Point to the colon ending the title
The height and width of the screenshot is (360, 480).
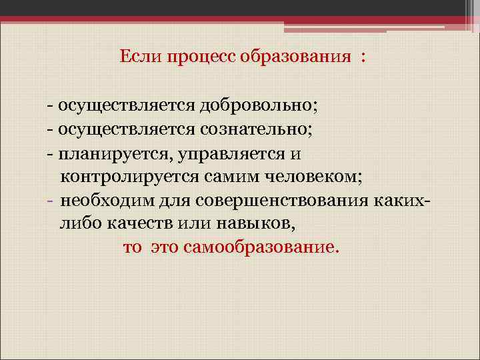pyautogui.click(x=363, y=59)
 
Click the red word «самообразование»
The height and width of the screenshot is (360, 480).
pyautogui.click(x=261, y=248)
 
